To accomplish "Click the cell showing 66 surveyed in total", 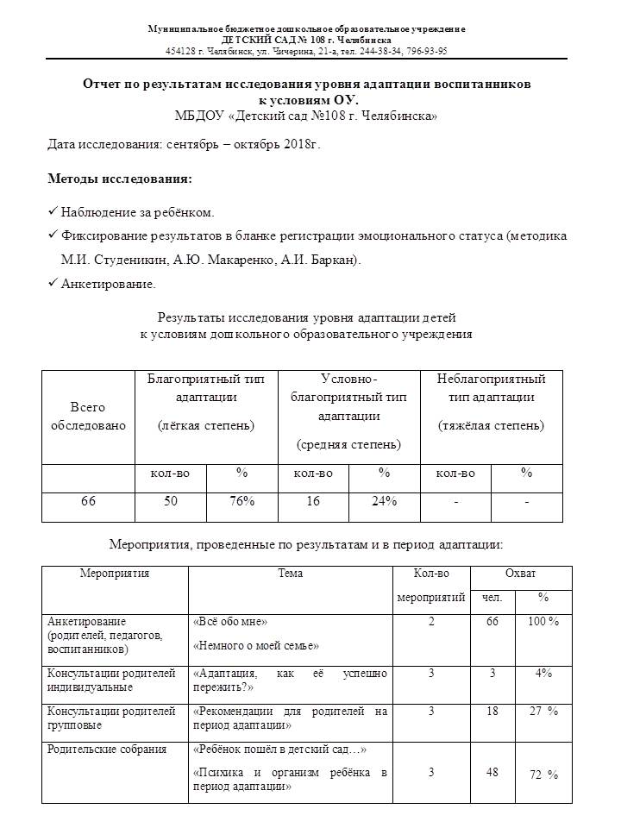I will point(88,502).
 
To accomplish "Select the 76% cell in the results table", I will point(241,502).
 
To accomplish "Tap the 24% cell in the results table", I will point(384,502).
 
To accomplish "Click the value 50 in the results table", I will point(171,502).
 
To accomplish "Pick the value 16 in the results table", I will point(312,502).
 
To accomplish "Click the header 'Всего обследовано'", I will point(88,416).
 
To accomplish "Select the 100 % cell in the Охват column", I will point(543,622).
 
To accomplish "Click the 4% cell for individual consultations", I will point(543,673).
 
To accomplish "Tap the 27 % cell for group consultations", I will point(543,712).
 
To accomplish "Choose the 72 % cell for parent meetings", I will point(543,775).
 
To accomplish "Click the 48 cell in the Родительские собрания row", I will point(492,773).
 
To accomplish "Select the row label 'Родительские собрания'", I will point(108,750).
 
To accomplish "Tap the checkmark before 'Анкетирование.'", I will point(53,283).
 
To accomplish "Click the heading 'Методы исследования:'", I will point(120,179).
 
